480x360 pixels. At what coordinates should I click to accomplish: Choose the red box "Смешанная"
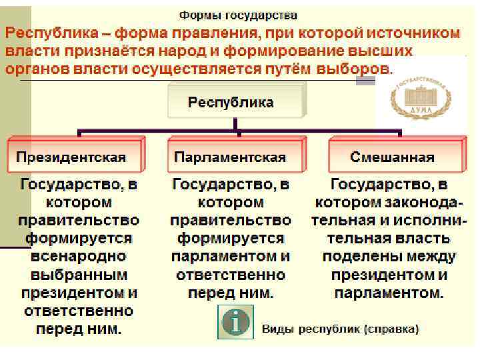pyautogui.click(x=392, y=157)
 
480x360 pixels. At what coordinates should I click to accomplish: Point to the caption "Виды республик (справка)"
pyautogui.click(x=340, y=329)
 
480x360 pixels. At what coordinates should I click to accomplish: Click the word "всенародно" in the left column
pyautogui.click(x=79, y=257)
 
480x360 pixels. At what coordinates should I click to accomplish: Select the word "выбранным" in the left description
pyautogui.click(x=79, y=275)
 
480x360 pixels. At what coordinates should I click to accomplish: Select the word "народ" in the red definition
pyautogui.click(x=191, y=51)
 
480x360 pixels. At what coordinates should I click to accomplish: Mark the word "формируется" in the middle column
pyautogui.click(x=231, y=239)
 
